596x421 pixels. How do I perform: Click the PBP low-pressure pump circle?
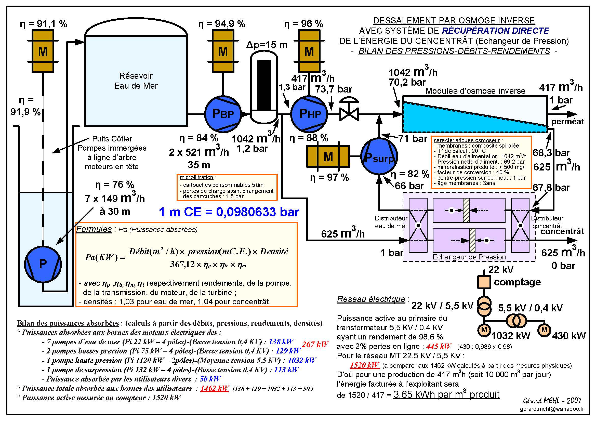223,114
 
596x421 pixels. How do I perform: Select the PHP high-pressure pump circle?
309,114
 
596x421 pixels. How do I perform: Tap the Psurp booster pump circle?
379,156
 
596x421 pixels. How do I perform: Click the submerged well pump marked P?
43,264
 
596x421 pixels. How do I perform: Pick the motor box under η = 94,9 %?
223,51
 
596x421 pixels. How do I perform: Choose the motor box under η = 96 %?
309,51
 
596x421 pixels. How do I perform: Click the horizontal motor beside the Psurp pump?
328,156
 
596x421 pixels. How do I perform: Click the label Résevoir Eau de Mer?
136,81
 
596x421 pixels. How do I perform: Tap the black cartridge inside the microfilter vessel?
264,85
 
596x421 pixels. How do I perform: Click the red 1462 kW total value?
214,388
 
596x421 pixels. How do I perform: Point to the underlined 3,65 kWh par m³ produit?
446,394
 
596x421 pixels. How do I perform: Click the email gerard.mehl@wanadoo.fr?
552,409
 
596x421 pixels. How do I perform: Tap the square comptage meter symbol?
484,282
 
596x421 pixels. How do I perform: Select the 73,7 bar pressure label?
334,89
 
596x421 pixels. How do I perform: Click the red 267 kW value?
315,344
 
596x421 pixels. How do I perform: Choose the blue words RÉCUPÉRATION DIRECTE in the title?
495,31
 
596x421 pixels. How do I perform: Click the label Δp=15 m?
267,45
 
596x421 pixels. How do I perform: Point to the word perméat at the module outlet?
567,122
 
